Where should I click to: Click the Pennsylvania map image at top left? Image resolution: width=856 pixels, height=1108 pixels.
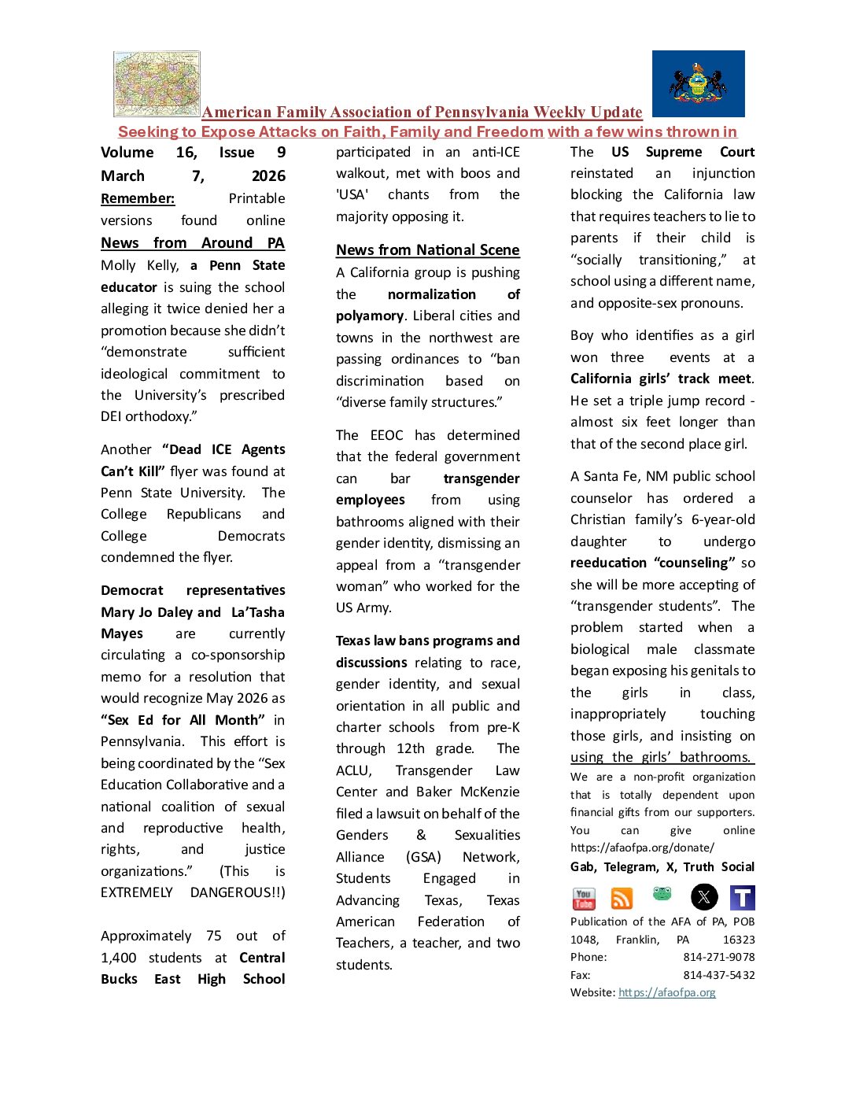pyautogui.click(x=157, y=84)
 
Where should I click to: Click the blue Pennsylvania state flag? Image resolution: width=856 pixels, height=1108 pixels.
pyautogui.click(x=698, y=84)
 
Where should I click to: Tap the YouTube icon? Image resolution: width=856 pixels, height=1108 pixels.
pyautogui.click(x=584, y=898)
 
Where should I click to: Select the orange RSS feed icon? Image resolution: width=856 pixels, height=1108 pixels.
pyautogui.click(x=622, y=898)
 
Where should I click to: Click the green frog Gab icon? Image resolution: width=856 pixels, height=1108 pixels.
pyautogui.click(x=662, y=894)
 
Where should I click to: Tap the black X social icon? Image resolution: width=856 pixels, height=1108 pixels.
pyautogui.click(x=704, y=897)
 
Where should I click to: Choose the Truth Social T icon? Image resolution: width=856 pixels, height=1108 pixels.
pyautogui.click(x=742, y=897)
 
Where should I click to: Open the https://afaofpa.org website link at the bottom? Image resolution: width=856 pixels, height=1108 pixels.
pyautogui.click(x=666, y=992)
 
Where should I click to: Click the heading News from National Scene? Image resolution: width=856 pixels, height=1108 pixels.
pyautogui.click(x=427, y=250)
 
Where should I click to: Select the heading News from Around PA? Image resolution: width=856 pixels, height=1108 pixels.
pyautogui.click(x=192, y=243)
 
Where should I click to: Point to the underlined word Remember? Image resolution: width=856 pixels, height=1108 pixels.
pyautogui.click(x=138, y=198)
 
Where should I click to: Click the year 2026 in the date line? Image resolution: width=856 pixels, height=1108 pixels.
pyautogui.click(x=268, y=176)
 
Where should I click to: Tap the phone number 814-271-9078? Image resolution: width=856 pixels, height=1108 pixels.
pyautogui.click(x=718, y=957)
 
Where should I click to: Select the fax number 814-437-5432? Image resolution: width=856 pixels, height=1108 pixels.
pyautogui.click(x=718, y=975)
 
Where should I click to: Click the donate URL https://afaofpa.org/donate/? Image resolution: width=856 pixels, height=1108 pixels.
pyautogui.click(x=642, y=848)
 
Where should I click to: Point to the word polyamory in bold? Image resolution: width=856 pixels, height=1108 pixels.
pyautogui.click(x=370, y=316)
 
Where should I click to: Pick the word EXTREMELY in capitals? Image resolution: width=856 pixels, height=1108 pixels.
pyautogui.click(x=137, y=892)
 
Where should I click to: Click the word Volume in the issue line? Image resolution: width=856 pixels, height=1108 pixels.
pyautogui.click(x=127, y=153)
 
